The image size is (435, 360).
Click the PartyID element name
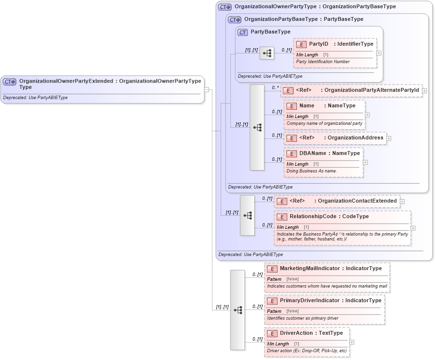click(x=318, y=44)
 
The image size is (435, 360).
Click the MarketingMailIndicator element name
click(x=310, y=268)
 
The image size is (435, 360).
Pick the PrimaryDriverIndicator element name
click(x=310, y=300)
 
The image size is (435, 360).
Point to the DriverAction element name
click(x=297, y=333)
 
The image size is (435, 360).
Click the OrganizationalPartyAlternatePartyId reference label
click(x=371, y=90)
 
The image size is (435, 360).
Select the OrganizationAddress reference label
click(x=355, y=137)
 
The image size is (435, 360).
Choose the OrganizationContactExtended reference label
click(x=357, y=201)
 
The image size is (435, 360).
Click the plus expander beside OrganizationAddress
click(x=389, y=138)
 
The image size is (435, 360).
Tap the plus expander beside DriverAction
click(x=352, y=342)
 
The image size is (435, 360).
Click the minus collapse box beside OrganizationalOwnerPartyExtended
click(x=207, y=89)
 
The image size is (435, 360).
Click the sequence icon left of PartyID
click(x=267, y=53)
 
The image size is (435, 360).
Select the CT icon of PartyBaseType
click(x=243, y=32)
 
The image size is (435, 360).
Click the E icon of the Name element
click(x=292, y=106)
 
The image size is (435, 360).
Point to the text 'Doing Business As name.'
click(x=312, y=171)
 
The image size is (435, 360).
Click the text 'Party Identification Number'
click(x=323, y=62)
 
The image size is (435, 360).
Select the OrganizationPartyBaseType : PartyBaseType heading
click(x=303, y=19)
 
